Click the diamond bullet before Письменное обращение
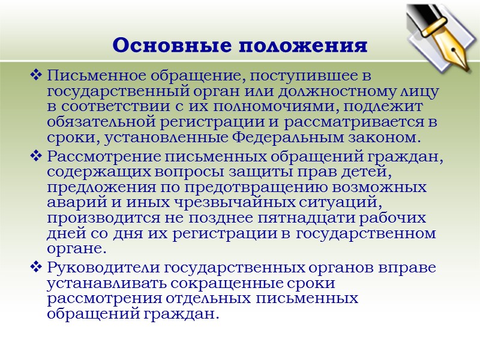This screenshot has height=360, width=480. coord(35,76)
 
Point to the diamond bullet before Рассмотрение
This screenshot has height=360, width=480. coord(35,157)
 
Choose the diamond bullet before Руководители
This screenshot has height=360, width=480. coord(35,266)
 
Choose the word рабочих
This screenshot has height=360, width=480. coord(394,218)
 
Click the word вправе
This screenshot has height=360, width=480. coord(411,266)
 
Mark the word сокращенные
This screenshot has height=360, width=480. coord(227,282)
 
